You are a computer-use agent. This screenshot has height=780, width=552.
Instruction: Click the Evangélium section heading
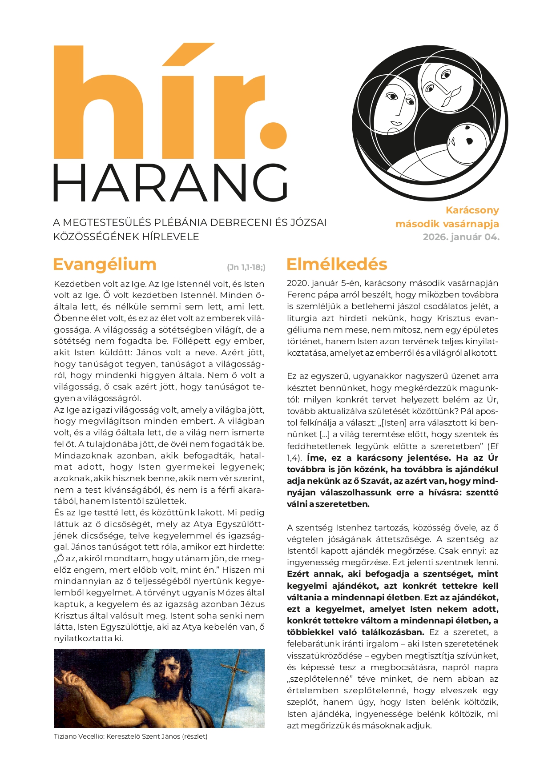point(105,264)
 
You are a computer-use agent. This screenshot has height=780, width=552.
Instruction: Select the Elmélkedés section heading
point(337,264)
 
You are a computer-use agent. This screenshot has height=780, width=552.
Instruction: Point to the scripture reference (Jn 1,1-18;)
point(246,267)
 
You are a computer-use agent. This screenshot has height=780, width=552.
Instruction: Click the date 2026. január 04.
point(461,237)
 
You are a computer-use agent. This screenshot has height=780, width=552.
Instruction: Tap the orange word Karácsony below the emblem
point(472,210)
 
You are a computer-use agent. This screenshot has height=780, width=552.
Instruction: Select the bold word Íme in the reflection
point(315,458)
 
